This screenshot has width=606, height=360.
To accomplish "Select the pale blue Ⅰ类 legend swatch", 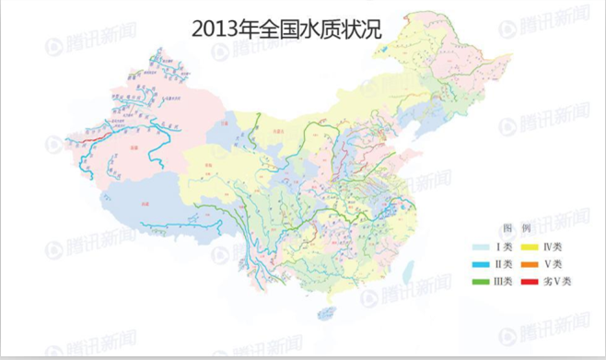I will click(480, 246).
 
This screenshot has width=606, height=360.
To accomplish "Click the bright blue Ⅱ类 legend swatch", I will click(480, 263).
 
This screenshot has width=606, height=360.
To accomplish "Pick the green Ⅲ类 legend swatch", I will click(480, 281).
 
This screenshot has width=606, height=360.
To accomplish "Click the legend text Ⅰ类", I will click(504, 246).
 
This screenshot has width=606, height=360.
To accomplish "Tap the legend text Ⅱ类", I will click(504, 263).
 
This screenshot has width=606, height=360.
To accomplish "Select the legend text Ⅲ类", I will click(504, 281).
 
